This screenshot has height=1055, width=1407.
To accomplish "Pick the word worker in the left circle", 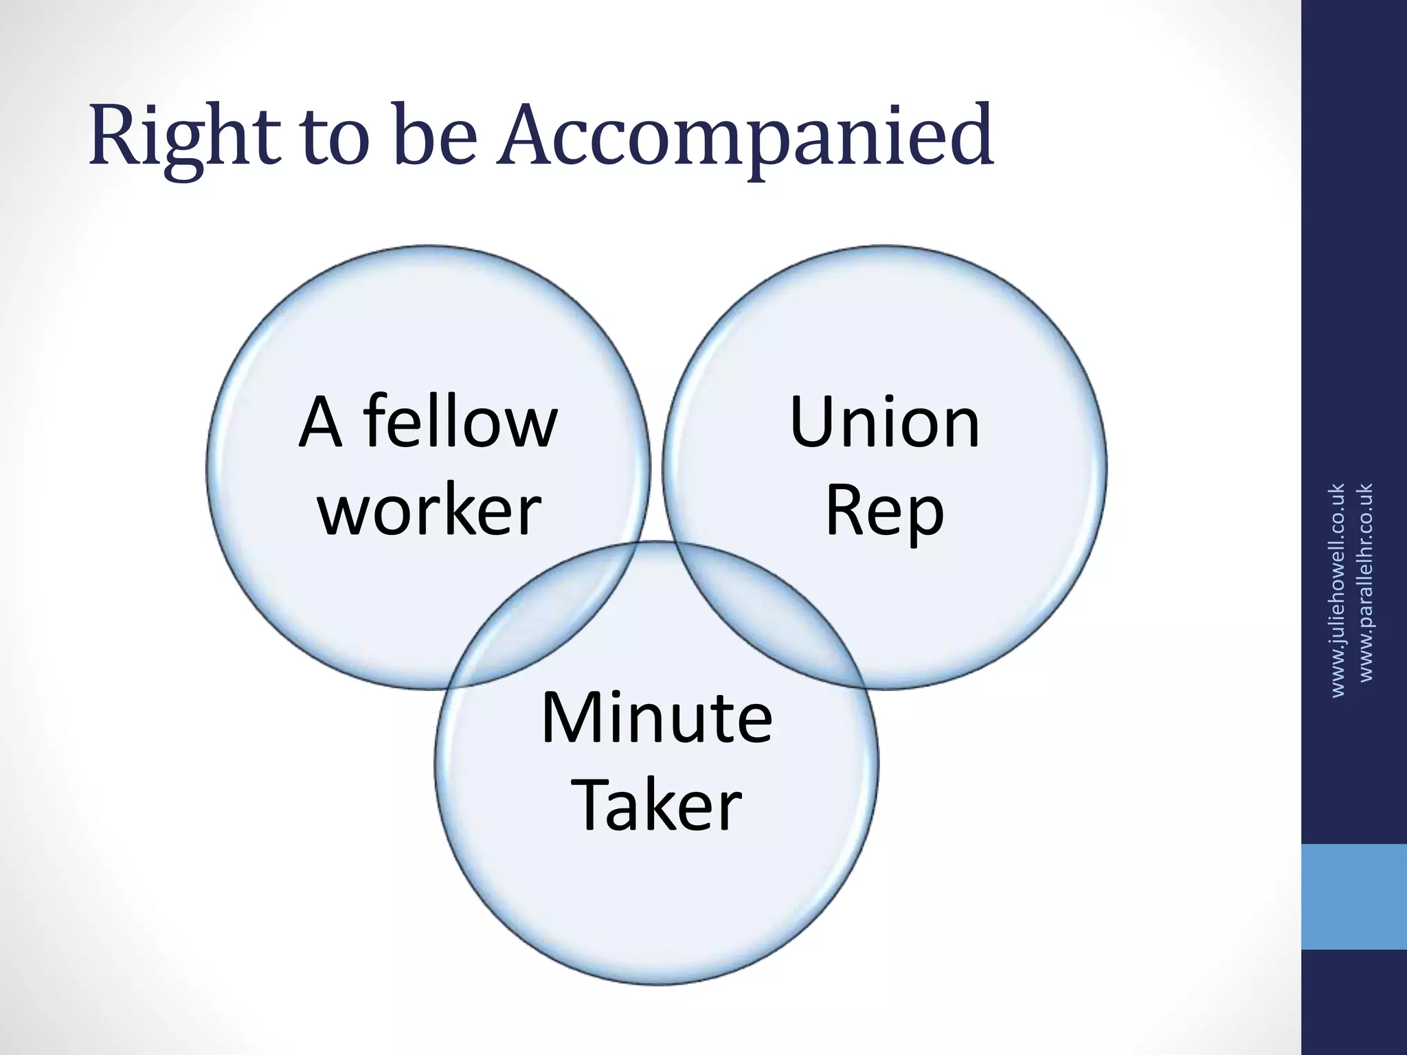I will pos(430,510).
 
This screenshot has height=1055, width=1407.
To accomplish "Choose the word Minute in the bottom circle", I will pos(657,718).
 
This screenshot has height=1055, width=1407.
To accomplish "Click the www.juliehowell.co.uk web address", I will pos(1337,591).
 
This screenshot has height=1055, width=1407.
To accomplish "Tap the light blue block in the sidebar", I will pos(1353,897).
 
